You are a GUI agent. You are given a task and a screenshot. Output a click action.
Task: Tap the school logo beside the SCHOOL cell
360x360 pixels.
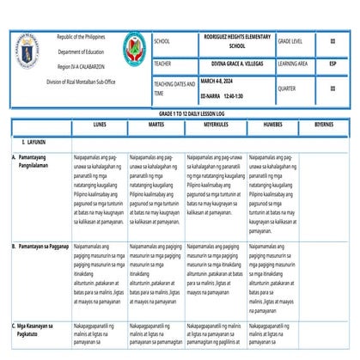tap(135, 49)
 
